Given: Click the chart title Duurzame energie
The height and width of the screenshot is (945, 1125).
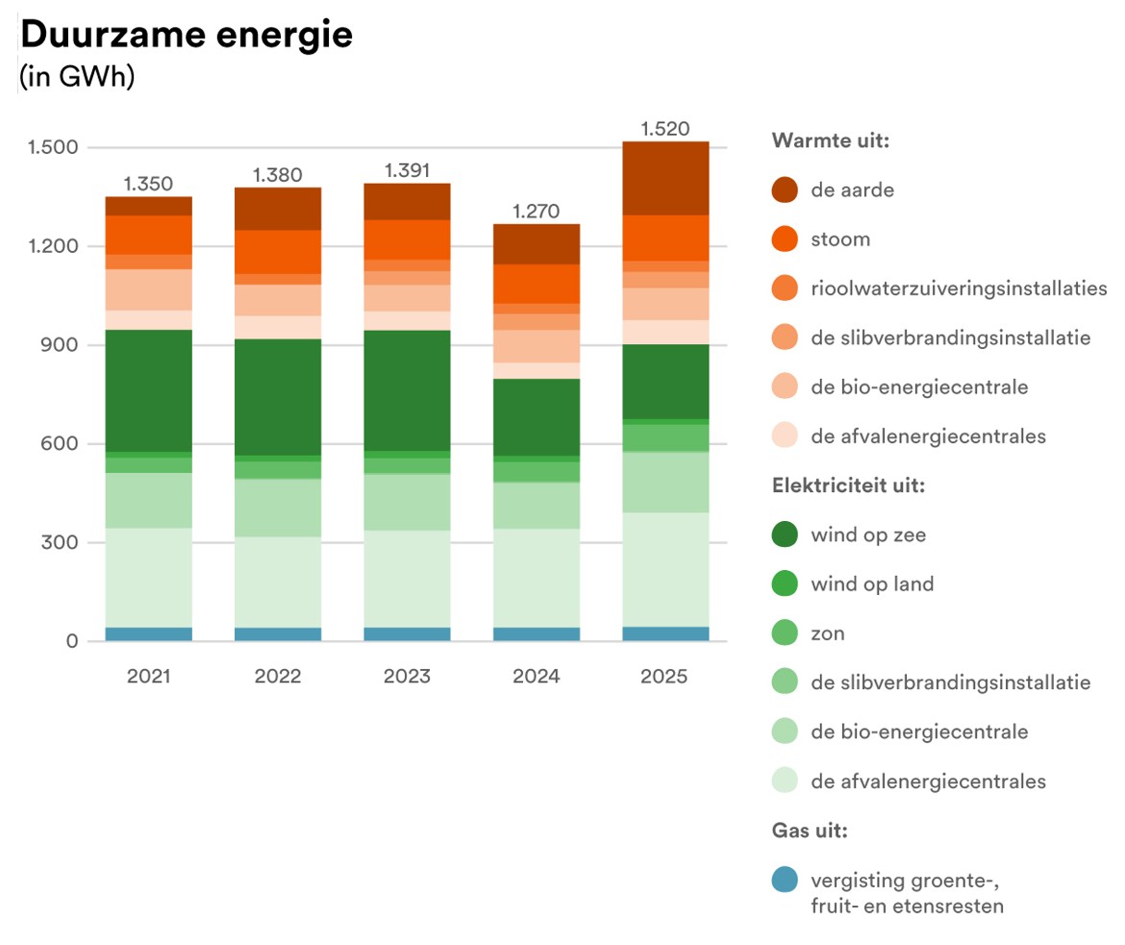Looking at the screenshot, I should point(186,35).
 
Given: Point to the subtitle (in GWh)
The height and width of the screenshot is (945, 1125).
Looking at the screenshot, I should point(77,77).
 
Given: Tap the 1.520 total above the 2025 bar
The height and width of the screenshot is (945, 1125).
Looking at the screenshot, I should point(664,128).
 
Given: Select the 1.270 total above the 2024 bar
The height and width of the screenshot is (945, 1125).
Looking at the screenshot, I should point(536,211).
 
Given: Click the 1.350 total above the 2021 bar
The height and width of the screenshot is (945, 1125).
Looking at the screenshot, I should point(148,184).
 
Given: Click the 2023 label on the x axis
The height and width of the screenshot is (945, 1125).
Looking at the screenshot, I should point(407,676).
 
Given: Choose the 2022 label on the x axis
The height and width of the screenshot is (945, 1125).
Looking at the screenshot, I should point(278,676).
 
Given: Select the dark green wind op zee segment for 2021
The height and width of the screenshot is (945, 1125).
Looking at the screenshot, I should point(149,390).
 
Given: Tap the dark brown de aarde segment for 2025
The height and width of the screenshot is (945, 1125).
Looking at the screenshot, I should point(665,178).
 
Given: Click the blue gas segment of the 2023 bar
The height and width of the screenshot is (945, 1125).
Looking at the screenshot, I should point(407,634).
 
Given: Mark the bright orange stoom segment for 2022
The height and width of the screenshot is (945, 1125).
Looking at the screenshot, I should point(278,252).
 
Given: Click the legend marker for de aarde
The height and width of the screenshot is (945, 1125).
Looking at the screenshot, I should point(785,190).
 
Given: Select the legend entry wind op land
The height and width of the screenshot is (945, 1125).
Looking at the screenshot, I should point(871,584).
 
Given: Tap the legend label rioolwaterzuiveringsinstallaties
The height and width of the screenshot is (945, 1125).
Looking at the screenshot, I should point(959,288).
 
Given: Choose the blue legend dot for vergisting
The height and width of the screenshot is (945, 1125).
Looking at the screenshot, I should point(785,879).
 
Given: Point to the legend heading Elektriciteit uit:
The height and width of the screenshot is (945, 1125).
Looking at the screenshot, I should point(848,485).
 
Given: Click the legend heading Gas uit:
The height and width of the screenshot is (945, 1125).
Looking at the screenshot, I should point(810,831).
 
